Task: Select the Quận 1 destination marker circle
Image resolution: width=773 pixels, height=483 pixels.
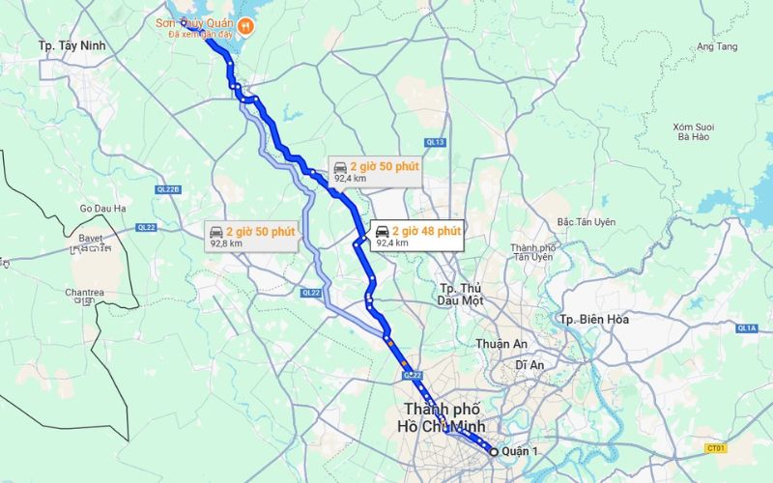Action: (x=494, y=451)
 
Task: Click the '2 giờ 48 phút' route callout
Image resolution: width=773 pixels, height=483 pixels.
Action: (x=417, y=236)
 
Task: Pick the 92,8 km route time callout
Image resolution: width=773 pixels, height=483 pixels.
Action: (x=252, y=237)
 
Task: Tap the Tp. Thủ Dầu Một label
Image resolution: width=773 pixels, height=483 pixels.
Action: (x=460, y=294)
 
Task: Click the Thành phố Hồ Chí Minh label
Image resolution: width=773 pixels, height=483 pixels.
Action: (x=445, y=417)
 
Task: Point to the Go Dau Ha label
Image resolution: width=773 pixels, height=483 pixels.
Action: (x=102, y=208)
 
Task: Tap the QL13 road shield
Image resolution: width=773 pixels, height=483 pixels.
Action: (x=434, y=142)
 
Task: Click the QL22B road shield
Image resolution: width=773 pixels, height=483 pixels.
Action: (x=168, y=189)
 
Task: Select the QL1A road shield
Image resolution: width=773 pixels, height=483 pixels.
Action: (x=746, y=328)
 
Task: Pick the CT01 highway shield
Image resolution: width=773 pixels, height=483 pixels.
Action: (x=715, y=448)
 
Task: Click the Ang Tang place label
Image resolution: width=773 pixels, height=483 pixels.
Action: (x=716, y=46)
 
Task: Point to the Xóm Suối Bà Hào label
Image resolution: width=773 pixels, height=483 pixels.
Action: (x=693, y=131)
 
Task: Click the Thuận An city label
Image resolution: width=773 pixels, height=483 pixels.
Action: (x=499, y=344)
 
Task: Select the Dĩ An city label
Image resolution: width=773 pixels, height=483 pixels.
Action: (x=530, y=364)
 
